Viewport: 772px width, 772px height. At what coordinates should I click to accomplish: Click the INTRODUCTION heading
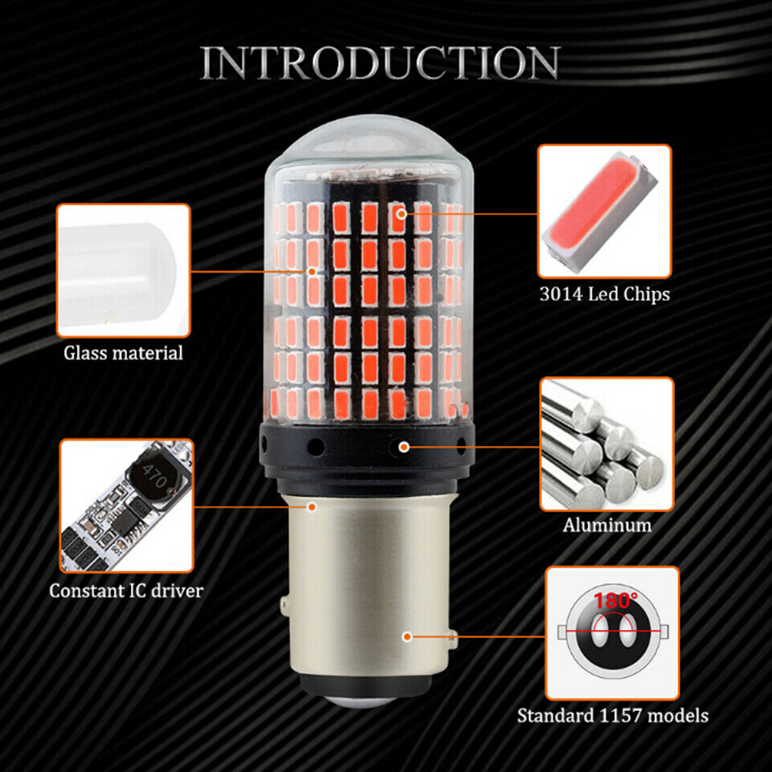380,62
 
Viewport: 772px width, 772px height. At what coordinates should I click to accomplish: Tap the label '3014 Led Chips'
605,294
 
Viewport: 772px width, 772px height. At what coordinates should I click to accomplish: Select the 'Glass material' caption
123,353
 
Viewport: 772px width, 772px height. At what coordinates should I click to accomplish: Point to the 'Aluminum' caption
607,525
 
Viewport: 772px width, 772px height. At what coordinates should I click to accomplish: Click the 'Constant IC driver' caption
126,590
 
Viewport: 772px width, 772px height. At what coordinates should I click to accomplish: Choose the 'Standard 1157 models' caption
613,716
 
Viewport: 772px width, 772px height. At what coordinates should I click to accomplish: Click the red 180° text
616,601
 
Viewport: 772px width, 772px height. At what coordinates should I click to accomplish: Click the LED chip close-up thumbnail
605,211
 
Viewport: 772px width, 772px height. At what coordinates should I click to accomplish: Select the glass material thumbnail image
123,270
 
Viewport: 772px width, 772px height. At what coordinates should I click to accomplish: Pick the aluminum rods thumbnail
607,444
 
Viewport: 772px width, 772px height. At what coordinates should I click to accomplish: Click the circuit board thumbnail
127,505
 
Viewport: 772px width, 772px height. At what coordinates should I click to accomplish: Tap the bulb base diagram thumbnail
613,633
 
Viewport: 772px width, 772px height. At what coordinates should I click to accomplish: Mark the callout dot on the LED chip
401,213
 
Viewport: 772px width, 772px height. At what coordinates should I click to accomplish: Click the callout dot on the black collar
404,447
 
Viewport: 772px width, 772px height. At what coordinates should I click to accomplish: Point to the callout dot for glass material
311,271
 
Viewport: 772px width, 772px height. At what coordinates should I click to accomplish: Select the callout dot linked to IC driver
311,507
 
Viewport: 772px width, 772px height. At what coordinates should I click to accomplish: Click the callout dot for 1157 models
407,636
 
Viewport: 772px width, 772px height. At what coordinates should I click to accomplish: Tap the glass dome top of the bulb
371,143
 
